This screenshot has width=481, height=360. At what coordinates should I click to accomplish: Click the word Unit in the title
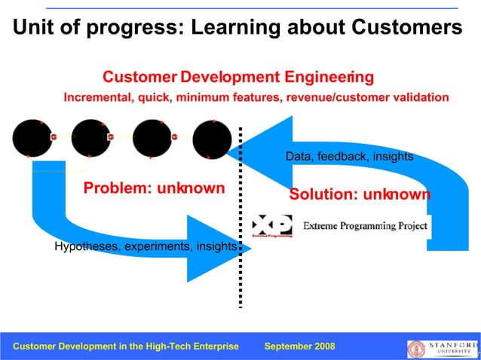tap(35, 28)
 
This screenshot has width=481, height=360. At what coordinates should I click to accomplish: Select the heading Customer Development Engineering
tap(237, 78)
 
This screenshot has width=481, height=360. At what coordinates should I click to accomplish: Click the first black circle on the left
tap(32, 139)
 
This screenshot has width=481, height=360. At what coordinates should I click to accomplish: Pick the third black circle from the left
tap(152, 139)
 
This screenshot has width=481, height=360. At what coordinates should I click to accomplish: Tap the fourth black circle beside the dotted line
tap(212, 139)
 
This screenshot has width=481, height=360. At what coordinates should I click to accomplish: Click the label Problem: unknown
tap(154, 188)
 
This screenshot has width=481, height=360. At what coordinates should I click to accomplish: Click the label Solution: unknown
tap(360, 194)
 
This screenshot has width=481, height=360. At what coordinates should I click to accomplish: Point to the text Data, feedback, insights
tap(349, 157)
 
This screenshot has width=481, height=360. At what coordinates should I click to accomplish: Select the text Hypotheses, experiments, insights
tap(146, 246)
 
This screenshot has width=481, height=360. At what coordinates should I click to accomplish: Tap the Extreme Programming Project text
tap(365, 226)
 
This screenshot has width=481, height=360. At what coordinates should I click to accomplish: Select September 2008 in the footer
tap(300, 346)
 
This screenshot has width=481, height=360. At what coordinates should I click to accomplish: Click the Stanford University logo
tap(442, 347)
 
